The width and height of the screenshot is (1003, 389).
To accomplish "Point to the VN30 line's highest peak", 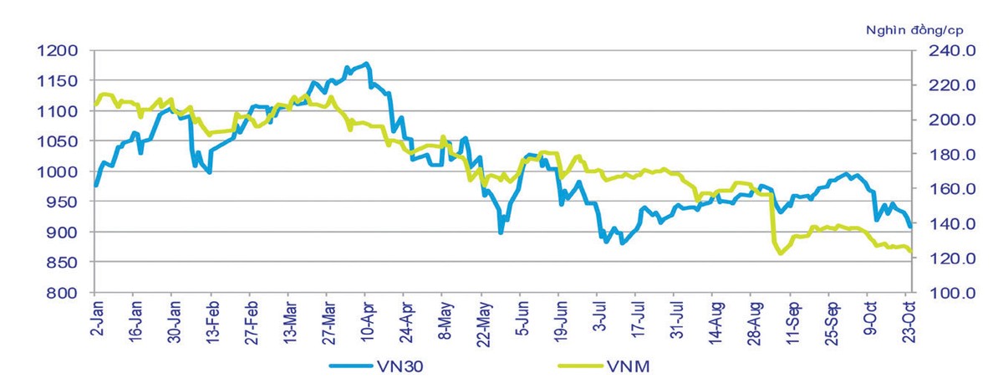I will [x=366, y=64].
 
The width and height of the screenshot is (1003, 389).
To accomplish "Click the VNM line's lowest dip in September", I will [x=781, y=253].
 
